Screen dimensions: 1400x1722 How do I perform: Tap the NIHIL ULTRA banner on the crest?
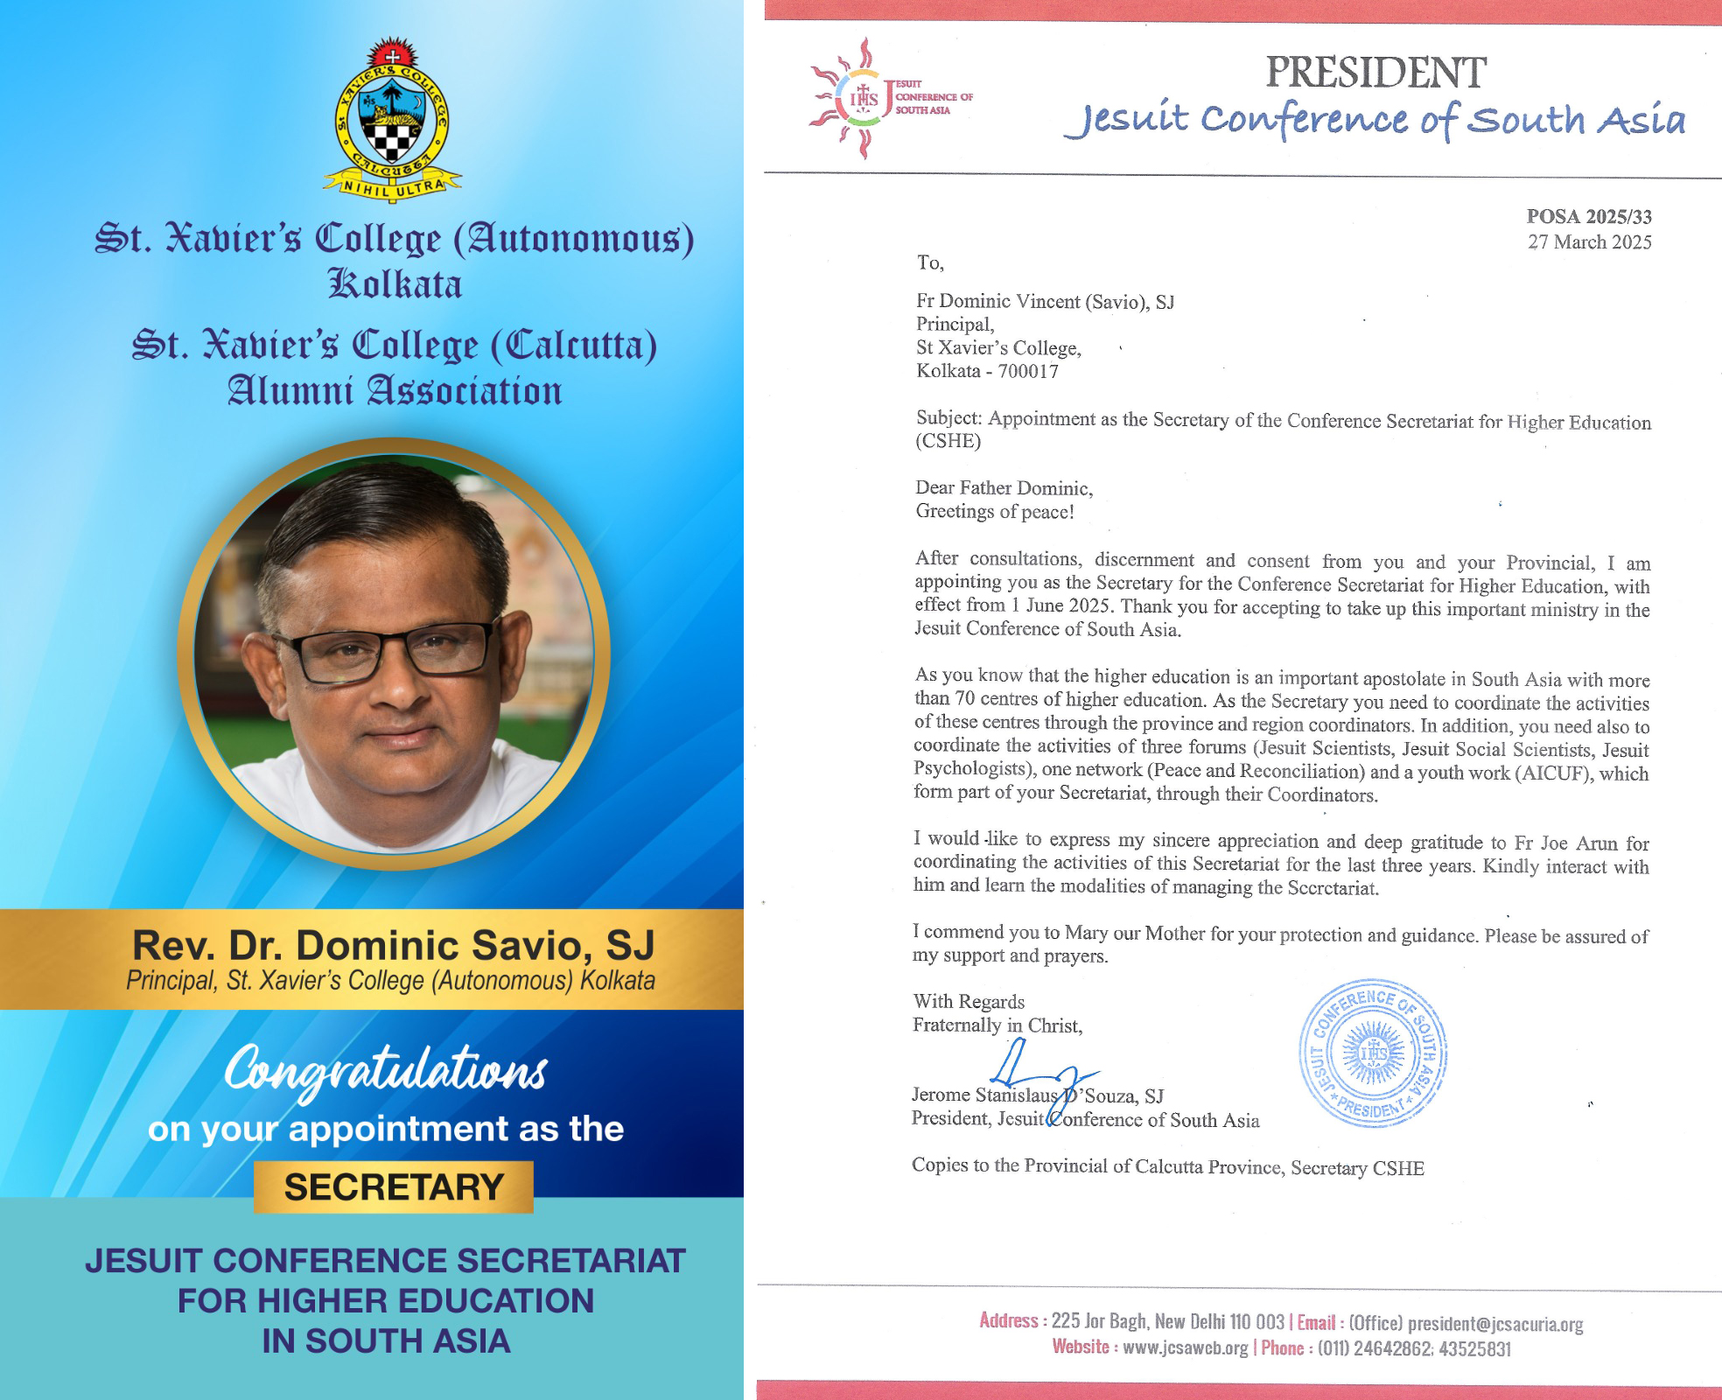tap(393, 185)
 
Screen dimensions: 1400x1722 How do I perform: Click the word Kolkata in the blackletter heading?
tap(395, 285)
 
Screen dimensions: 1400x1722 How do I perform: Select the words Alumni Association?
tap(395, 391)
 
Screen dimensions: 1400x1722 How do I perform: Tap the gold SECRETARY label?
tap(394, 1187)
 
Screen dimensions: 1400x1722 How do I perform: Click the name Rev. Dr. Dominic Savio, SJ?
tap(393, 946)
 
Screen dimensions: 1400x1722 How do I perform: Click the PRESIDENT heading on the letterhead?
tap(1375, 73)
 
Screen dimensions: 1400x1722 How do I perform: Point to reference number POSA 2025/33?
tap(1589, 216)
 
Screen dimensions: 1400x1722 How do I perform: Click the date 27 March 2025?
tap(1589, 242)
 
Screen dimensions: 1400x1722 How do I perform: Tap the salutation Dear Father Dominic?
tap(1004, 487)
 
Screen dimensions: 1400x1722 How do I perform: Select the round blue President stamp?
tap(1373, 1053)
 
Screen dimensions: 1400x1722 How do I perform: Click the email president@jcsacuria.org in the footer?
tap(1494, 1324)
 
